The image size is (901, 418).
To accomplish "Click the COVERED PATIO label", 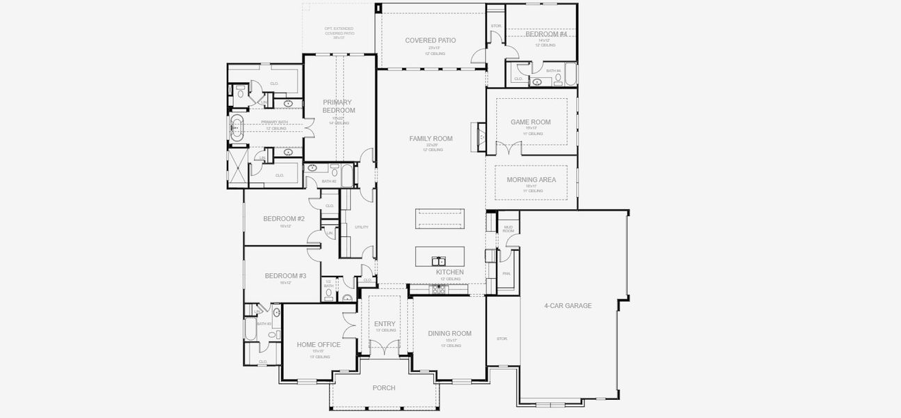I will click(430, 40).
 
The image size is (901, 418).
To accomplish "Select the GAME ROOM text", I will click(530, 122).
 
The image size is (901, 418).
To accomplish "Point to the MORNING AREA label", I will click(531, 180).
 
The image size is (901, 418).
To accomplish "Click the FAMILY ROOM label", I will click(431, 139).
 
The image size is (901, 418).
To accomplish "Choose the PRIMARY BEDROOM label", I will click(338, 106).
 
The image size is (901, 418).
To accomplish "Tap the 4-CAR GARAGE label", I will click(568, 305).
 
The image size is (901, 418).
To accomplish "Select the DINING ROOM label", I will click(449, 333).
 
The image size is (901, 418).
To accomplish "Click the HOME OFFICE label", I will click(319, 345).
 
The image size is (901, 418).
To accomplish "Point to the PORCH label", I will click(383, 388).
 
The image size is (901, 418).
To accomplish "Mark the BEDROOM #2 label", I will click(284, 219).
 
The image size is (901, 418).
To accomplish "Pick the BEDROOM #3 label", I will click(285, 276).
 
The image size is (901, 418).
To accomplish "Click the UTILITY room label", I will click(361, 227).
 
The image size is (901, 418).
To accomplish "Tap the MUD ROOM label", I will click(508, 229).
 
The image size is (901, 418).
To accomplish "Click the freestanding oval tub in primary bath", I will click(237, 128).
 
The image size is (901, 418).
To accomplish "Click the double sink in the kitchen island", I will click(439, 261).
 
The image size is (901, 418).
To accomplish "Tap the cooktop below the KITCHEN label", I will click(438, 290).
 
